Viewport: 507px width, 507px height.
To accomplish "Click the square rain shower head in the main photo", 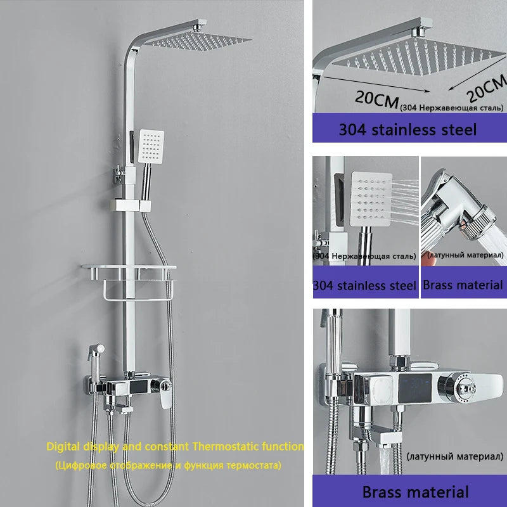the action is click(x=197, y=41).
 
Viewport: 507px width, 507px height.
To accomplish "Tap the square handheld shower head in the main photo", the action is click(x=151, y=146).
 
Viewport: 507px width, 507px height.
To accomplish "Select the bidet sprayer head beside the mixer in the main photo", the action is click(x=96, y=353).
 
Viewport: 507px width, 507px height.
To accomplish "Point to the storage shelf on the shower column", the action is click(x=129, y=272).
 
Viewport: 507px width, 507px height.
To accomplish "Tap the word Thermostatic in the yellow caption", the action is click(x=226, y=447).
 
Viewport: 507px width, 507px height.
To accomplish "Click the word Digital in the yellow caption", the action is click(x=63, y=447).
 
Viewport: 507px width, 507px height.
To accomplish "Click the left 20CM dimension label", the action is click(x=376, y=99).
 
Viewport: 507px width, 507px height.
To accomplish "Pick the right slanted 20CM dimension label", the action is click(x=487, y=87).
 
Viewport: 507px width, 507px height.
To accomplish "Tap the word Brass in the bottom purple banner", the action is click(x=383, y=492).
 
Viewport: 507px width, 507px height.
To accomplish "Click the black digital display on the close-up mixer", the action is click(x=415, y=388).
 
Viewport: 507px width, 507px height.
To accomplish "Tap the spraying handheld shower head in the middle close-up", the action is click(x=371, y=199).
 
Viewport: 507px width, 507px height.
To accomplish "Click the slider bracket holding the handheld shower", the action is click(x=131, y=205).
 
